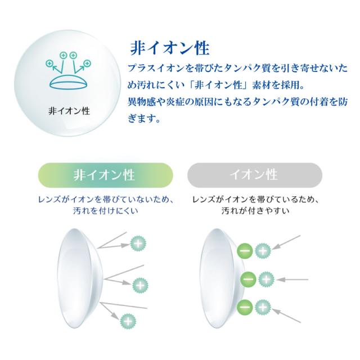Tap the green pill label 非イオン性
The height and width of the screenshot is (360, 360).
click(104, 174)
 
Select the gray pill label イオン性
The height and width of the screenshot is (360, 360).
click(253, 174)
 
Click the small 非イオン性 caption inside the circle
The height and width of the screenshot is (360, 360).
click(69, 110)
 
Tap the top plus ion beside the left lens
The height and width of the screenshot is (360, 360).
click(138, 244)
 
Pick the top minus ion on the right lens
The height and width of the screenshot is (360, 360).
click(245, 250)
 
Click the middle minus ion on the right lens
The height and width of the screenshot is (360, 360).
click(249, 278)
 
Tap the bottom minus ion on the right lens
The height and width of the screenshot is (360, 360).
click(245, 307)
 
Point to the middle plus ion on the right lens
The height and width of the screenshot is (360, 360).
click(267, 278)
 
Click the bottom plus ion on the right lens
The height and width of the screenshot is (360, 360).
click(263, 307)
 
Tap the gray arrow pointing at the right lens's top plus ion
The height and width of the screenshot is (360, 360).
click(289, 242)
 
